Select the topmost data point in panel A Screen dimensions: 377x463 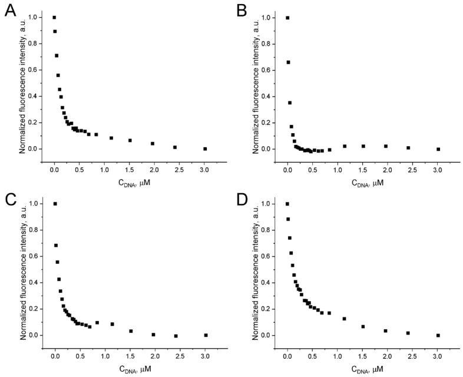point(54,18)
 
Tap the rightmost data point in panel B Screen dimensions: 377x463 point(438,149)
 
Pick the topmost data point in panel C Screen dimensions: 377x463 point(55,204)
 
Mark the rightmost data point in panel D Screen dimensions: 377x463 point(438,335)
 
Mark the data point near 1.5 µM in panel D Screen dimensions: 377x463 point(363,326)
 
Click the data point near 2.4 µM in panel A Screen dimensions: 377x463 point(175,147)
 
